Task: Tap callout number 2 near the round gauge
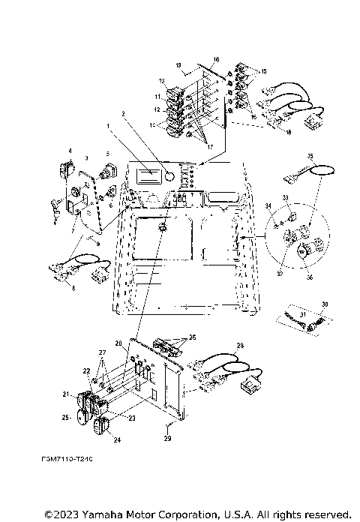[123, 115]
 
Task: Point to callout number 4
[70, 151]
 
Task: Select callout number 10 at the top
[216, 58]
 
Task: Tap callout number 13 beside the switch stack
[161, 80]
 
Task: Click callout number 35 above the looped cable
[308, 156]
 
